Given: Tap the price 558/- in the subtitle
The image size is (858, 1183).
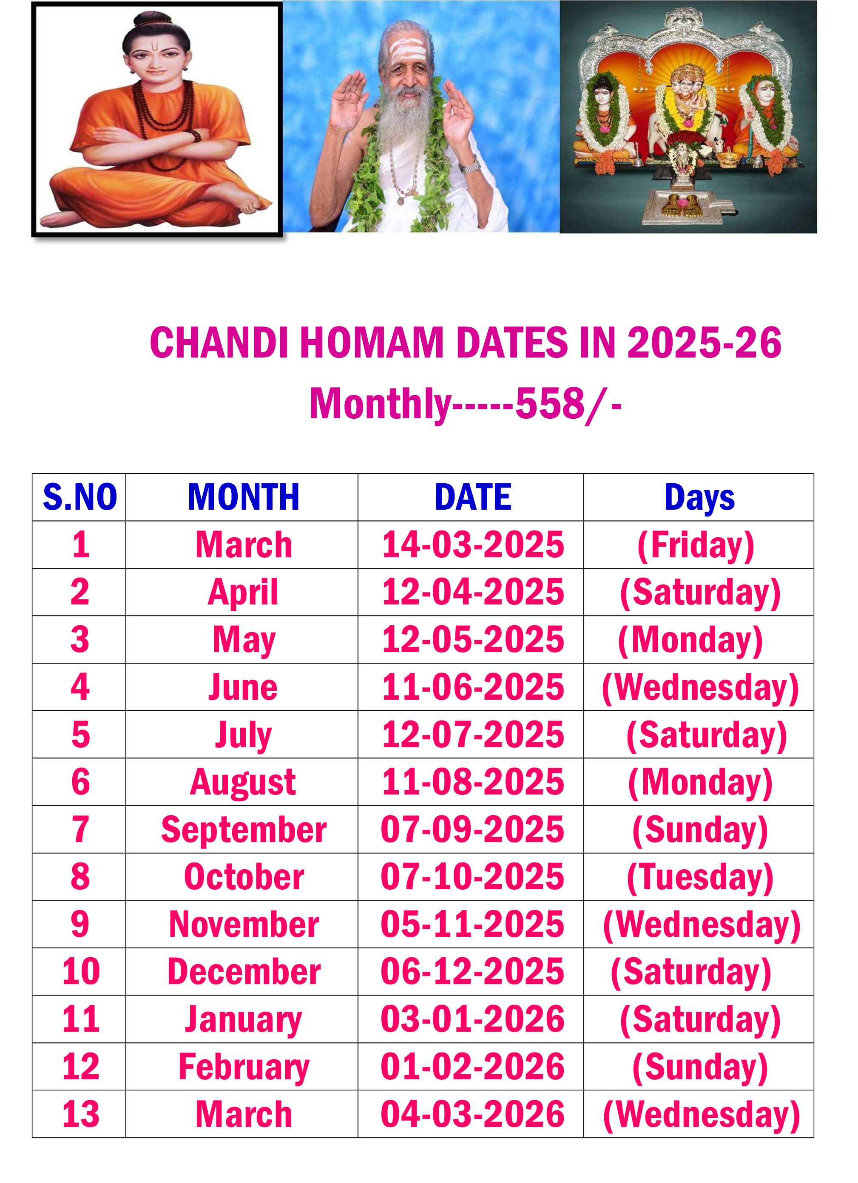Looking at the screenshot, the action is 568,404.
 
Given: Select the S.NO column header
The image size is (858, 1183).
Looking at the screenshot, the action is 80,496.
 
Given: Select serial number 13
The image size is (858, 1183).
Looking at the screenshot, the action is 80,1114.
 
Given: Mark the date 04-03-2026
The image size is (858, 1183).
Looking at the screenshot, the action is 472,1114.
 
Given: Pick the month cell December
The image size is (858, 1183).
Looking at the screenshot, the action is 244,972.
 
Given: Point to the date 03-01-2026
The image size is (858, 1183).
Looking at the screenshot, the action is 472,1019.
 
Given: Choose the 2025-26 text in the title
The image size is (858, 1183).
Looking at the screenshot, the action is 704,343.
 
